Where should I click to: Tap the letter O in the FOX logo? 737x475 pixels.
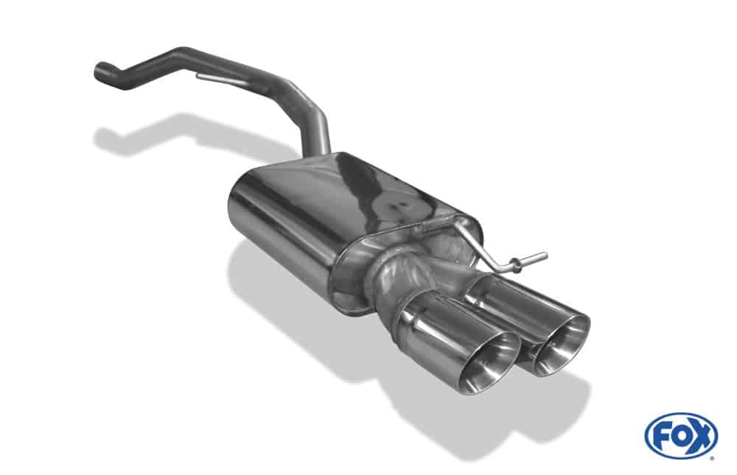(x=680, y=436)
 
